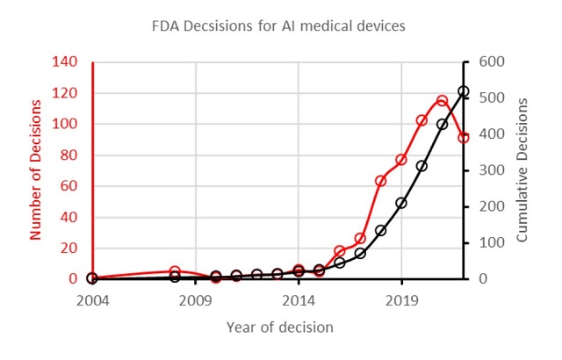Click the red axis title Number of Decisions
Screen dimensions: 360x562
(x=36, y=169)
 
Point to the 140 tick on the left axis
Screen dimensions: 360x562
(x=65, y=62)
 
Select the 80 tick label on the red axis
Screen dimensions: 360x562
(x=68, y=155)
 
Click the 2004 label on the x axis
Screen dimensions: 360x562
(x=92, y=301)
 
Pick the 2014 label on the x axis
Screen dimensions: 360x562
(x=299, y=301)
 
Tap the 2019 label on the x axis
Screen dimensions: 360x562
(x=401, y=301)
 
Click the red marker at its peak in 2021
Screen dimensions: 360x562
(x=443, y=101)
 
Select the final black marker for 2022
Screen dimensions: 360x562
(x=463, y=91)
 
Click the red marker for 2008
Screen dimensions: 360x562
(x=175, y=272)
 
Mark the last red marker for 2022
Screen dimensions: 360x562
(x=463, y=138)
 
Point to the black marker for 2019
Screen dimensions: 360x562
(x=401, y=203)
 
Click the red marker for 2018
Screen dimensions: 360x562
(x=380, y=181)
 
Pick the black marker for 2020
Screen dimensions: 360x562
(x=421, y=166)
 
